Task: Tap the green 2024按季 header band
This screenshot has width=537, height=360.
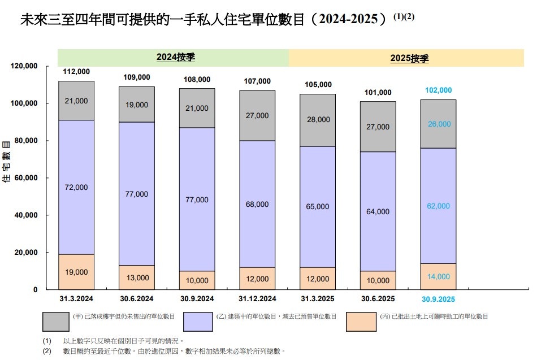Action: tap(173, 58)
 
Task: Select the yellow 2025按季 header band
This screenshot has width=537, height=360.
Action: tap(406, 58)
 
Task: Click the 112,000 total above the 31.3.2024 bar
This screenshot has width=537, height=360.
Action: tap(76, 72)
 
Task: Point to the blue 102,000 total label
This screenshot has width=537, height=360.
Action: tap(438, 90)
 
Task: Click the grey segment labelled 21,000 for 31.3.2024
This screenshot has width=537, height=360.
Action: tap(76, 101)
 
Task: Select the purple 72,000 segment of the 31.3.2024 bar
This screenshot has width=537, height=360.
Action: tap(76, 187)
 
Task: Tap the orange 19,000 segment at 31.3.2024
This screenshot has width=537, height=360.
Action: tap(76, 272)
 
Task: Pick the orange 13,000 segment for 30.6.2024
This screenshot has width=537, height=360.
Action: tap(136, 277)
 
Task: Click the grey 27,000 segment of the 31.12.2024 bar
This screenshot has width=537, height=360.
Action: tap(257, 115)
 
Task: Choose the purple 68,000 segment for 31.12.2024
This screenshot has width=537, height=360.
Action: tap(257, 204)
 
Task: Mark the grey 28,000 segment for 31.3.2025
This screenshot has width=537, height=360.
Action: tap(317, 120)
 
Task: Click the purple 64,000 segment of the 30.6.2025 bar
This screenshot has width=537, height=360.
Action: tap(378, 211)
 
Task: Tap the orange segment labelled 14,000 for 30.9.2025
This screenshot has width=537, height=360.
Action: tap(438, 276)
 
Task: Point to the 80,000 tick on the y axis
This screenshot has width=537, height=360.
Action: tap(25, 141)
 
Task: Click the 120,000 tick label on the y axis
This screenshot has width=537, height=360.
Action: tap(23, 66)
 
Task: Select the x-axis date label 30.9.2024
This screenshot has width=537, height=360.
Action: tap(197, 299)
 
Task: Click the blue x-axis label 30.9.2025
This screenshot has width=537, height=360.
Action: tap(438, 300)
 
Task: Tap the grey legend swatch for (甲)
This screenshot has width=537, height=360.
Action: tap(55, 322)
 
